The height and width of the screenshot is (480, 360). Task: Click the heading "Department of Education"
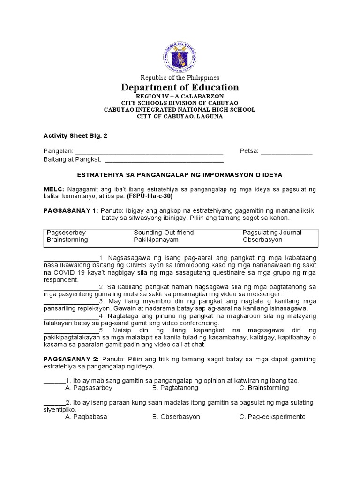[180, 88]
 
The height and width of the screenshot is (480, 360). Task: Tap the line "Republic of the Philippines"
[180, 77]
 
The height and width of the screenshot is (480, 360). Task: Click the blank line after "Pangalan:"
[149, 151]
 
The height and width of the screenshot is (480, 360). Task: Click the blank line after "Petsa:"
[286, 151]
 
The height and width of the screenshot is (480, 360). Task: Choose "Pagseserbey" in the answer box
[66, 232]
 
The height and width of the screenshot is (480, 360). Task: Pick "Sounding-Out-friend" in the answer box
[164, 232]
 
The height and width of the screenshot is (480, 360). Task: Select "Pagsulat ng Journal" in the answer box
[272, 232]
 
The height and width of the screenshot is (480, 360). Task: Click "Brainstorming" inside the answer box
[67, 240]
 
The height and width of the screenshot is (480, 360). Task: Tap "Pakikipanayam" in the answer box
[157, 240]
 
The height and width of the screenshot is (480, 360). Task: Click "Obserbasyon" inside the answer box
[262, 240]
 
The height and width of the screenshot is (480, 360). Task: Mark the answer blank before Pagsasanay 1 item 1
[71, 258]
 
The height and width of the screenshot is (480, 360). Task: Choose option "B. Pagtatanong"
[175, 388]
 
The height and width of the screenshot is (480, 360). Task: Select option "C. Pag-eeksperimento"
[272, 417]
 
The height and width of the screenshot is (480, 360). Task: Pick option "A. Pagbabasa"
[86, 417]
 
